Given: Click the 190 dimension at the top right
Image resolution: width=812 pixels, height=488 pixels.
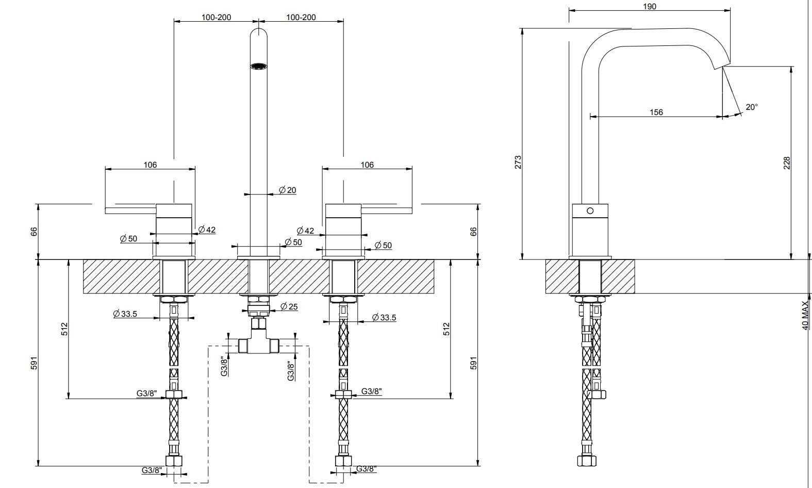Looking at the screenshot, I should pyautogui.click(x=650, y=7).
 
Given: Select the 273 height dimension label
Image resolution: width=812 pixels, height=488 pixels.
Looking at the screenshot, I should pyautogui.click(x=518, y=162).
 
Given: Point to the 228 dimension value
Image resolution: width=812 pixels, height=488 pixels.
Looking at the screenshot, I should pyautogui.click(x=787, y=163).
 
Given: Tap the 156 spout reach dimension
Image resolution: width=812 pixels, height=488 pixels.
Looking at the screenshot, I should pyautogui.click(x=656, y=112).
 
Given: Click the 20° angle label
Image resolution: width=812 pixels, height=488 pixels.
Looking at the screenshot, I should pyautogui.click(x=751, y=107).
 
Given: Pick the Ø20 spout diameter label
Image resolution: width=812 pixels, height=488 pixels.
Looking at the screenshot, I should pyautogui.click(x=288, y=190).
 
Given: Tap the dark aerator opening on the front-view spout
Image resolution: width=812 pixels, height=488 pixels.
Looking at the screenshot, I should pyautogui.click(x=258, y=66).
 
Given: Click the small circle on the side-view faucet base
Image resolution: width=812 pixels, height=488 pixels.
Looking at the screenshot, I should pyautogui.click(x=590, y=210).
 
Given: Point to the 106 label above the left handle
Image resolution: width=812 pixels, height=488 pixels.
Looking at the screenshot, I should pyautogui.click(x=150, y=165).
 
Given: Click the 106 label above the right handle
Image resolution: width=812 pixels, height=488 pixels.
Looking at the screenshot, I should pyautogui.click(x=367, y=165).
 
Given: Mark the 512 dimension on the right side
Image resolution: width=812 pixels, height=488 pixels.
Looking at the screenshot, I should pyautogui.click(x=446, y=329).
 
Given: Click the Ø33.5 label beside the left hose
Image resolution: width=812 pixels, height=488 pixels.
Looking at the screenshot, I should pyautogui.click(x=125, y=314).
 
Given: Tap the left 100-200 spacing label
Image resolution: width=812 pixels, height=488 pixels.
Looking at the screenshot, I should pyautogui.click(x=216, y=17).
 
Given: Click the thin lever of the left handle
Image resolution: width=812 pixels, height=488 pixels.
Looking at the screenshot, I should pyautogui.click(x=130, y=210).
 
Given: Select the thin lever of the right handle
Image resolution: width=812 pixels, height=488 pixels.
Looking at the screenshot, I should pyautogui.click(x=387, y=210).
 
